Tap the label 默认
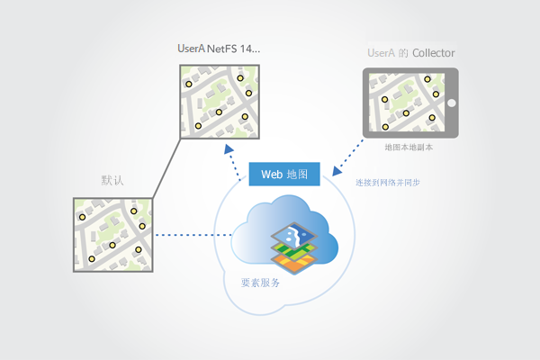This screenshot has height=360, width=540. (112, 181)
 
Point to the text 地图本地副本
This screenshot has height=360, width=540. (409, 147)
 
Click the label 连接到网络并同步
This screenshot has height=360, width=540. (388, 183)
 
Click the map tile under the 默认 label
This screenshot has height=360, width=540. (112, 235)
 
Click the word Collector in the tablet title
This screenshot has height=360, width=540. (433, 54)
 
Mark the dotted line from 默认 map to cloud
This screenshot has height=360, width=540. (189, 236)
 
